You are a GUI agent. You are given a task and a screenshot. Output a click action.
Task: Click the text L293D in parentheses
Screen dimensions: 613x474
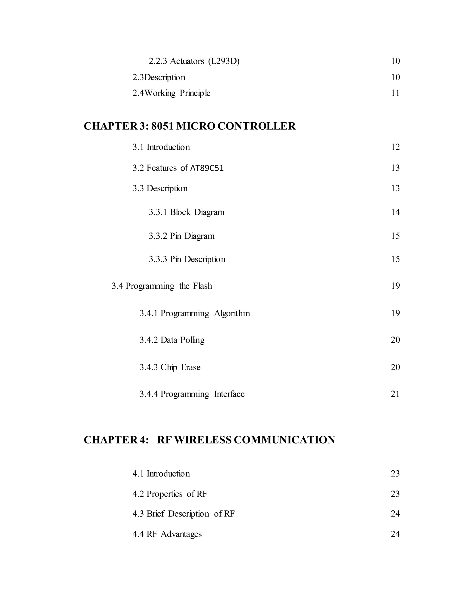pos(224,61)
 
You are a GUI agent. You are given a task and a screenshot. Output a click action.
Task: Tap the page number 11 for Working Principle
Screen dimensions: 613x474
pos(395,93)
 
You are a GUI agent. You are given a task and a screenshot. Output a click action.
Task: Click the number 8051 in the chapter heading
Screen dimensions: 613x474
pos(162,126)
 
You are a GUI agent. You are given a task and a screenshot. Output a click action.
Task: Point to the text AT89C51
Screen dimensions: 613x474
pos(207,168)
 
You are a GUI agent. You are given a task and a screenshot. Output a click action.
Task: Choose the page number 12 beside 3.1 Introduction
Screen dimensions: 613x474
pos(395,147)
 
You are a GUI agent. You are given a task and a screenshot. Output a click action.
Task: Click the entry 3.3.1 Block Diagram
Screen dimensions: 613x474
pos(187,212)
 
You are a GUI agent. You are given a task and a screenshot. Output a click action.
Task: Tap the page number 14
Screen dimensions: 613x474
pos(395,212)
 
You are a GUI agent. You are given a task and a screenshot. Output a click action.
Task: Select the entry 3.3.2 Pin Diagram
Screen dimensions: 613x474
pos(182,236)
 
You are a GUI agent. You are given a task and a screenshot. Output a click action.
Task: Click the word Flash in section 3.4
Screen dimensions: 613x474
pos(203,286)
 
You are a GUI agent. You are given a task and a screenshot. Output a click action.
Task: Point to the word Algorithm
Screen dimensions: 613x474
pos(232,313)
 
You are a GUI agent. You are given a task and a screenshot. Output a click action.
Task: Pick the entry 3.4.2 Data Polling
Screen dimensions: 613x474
pos(172,340)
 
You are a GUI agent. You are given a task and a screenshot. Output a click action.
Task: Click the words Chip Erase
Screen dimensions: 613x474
pos(180,367)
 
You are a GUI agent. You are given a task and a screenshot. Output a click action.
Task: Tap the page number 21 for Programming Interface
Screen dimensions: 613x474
pos(395,394)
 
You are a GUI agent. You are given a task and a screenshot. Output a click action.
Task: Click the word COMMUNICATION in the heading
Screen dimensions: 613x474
pos(284,440)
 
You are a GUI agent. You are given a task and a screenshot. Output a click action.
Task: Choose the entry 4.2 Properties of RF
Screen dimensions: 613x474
pos(170,494)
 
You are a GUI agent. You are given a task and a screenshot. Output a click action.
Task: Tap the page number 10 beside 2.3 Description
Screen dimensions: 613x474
pos(395,77)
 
